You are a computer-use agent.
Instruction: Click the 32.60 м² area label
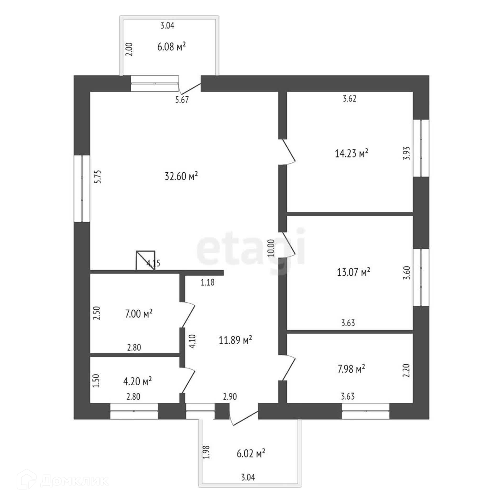[x=181, y=176]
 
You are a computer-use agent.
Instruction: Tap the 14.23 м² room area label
[x=352, y=153]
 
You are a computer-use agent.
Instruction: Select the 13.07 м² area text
[x=353, y=272]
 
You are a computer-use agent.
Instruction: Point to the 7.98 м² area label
[x=351, y=369]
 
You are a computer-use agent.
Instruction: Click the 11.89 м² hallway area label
[x=235, y=340]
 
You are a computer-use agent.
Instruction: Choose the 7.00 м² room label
[x=139, y=314]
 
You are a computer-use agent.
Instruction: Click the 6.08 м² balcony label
[x=172, y=47]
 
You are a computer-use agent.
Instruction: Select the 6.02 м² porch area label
[x=251, y=453]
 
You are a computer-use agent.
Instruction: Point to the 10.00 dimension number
[x=271, y=248]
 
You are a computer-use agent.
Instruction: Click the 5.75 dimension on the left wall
[x=98, y=177]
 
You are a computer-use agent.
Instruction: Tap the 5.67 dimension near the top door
[x=182, y=100]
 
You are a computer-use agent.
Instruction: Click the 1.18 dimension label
[x=207, y=282]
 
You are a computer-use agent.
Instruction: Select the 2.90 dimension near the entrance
[x=230, y=397]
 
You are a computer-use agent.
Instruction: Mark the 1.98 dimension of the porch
[x=207, y=452]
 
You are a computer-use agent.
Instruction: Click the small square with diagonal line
[x=145, y=260]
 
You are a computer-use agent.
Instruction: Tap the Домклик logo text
[x=75, y=481]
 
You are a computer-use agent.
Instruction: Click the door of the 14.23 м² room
[x=289, y=151]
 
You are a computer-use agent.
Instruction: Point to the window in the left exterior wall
[x=82, y=189]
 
